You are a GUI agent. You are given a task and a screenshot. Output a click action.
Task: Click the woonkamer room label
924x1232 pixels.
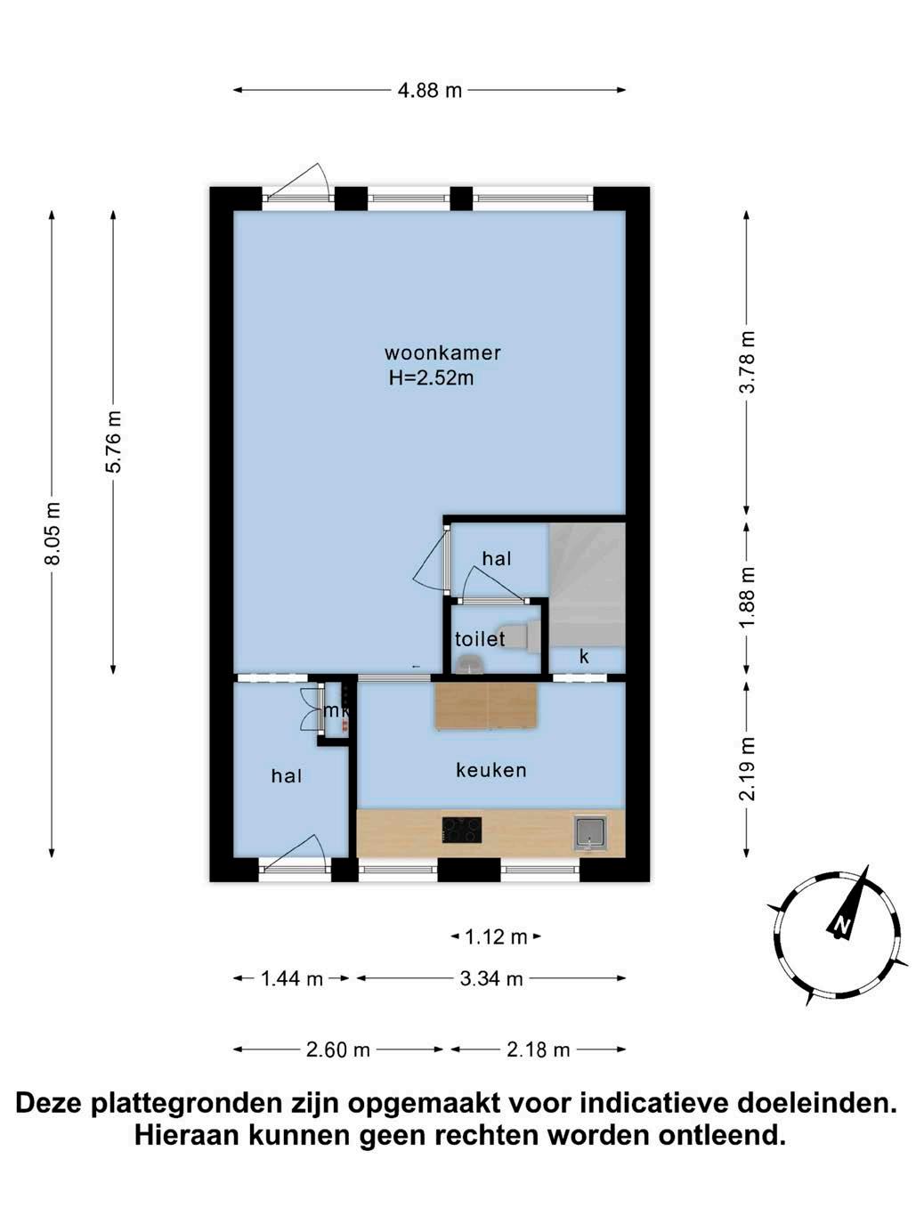pos(442,353)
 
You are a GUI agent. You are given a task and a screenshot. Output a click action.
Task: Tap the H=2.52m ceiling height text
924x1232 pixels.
pos(431,377)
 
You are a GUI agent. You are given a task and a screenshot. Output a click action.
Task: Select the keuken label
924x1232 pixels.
pos(490,770)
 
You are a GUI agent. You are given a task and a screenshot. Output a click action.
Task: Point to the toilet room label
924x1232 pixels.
pos(480,639)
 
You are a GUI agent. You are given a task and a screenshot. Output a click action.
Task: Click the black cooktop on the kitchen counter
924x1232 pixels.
pos(462,831)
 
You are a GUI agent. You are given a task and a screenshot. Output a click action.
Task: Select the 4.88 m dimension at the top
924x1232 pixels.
pos(430,90)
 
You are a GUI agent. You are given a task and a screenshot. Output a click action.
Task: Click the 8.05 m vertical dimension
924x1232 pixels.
pos(53,533)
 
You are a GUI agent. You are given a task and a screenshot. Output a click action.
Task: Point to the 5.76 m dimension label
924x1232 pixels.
pos(114,442)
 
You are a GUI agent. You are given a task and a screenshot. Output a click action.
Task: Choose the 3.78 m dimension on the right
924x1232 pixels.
pos(747,362)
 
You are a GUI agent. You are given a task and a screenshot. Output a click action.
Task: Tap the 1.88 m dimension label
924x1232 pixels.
pos(747,597)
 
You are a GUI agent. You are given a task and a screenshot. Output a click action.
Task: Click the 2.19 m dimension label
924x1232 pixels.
pos(747,769)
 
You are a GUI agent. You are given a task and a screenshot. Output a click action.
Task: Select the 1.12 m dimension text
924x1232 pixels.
pos(496,936)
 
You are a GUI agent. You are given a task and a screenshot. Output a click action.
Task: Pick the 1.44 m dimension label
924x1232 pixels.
pos(292,979)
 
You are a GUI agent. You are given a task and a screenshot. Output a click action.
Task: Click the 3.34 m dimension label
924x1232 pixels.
pos(491,979)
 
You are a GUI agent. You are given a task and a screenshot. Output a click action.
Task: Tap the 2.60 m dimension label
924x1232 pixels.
pos(337,1050)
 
